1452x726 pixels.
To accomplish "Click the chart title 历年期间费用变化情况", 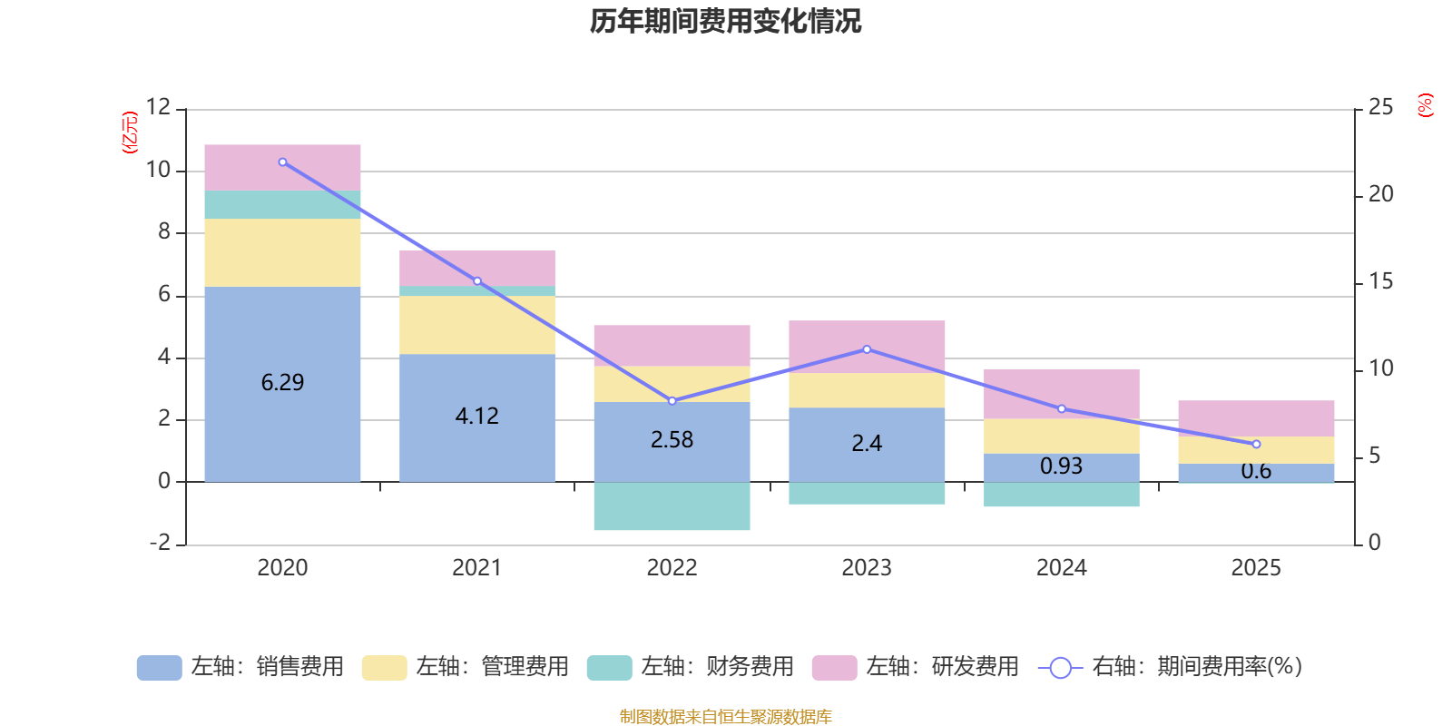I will click(725, 21).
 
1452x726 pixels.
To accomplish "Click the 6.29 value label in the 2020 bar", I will click(282, 383).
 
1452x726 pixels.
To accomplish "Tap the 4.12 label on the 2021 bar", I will click(476, 417).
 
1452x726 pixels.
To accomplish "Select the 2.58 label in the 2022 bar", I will click(672, 440).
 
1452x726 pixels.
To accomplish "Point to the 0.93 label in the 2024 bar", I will click(1061, 466).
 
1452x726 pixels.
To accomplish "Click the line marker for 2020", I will click(282, 162).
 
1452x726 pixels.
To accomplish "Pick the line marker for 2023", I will click(867, 349).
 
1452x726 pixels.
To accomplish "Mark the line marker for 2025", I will click(1256, 445).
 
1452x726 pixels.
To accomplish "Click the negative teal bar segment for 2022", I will click(672, 506).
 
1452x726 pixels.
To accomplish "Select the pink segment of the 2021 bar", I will click(476, 269).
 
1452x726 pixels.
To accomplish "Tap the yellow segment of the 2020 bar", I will click(282, 252).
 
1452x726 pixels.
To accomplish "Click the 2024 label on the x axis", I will click(1061, 568).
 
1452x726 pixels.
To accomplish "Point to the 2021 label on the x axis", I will click(476, 568).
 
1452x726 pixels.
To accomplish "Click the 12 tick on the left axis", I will click(159, 108).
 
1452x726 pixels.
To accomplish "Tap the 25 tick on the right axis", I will click(1380, 108).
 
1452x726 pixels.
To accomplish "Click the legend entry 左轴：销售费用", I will click(240, 667).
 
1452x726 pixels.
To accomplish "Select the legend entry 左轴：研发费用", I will click(916, 667).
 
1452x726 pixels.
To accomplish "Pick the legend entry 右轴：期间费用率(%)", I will click(1170, 667).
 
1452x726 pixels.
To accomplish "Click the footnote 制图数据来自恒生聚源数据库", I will click(725, 717).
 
